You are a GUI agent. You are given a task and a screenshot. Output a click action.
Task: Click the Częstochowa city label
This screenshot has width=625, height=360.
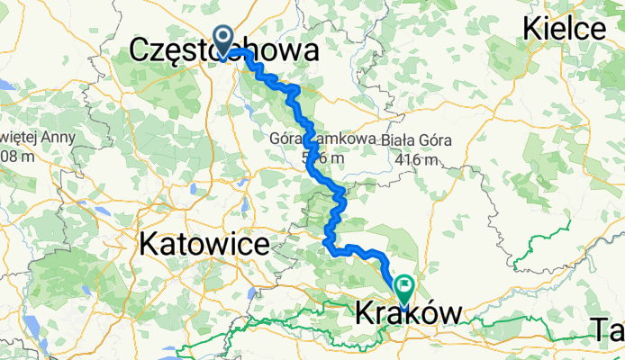click(224, 51)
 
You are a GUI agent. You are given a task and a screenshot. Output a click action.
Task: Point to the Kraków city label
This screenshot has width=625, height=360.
click(409, 313)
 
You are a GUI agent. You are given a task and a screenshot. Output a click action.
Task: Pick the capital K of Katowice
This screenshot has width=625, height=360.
click(146, 244)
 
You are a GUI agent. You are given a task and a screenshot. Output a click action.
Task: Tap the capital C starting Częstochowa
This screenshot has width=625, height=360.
click(141, 51)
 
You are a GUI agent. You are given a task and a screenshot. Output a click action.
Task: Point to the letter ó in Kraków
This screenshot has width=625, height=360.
click(429, 313)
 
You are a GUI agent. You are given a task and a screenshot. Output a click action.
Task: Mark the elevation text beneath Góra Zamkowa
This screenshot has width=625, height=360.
click(322, 158)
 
